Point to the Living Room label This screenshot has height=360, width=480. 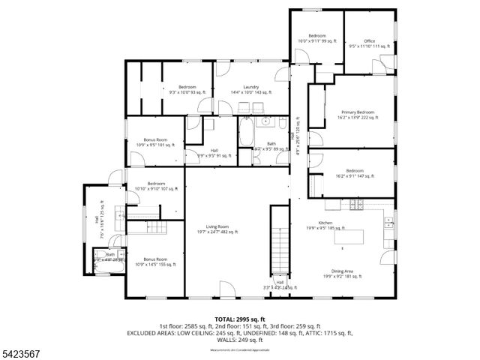click(x=222, y=229)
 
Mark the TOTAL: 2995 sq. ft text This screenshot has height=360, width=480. click(x=239, y=319)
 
